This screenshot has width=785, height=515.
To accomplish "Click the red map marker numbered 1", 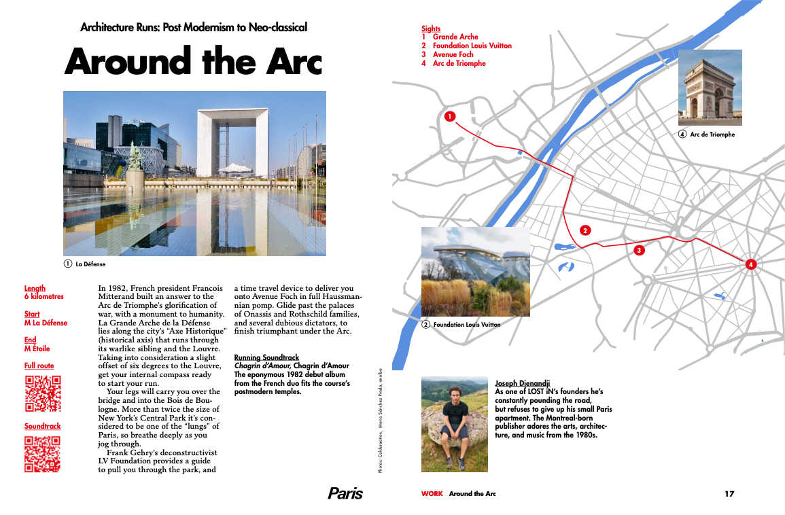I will pyautogui.click(x=449, y=116).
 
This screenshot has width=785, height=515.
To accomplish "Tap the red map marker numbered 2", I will pyautogui.click(x=585, y=230).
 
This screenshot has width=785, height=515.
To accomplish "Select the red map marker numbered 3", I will pyautogui.click(x=638, y=251).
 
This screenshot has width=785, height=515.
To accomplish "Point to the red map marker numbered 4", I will pyautogui.click(x=750, y=264).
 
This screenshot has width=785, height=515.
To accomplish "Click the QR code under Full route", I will pyautogui.click(x=43, y=393).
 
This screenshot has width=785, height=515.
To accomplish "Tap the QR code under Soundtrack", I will pyautogui.click(x=43, y=453).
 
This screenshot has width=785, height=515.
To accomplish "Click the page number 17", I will pyautogui.click(x=729, y=494).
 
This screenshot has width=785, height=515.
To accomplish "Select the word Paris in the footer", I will pyautogui.click(x=345, y=493).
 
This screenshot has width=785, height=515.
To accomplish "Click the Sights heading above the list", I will pyautogui.click(x=431, y=29).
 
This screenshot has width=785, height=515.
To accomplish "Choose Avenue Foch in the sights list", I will pyautogui.click(x=453, y=54).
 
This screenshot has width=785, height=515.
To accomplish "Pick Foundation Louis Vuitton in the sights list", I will pyautogui.click(x=472, y=46).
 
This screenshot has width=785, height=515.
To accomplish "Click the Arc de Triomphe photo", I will pyautogui.click(x=710, y=87).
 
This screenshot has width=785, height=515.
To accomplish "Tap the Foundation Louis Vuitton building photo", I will pyautogui.click(x=475, y=271).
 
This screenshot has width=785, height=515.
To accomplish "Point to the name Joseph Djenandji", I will pyautogui.click(x=522, y=383).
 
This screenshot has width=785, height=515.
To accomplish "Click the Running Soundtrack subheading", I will pyautogui.click(x=266, y=357).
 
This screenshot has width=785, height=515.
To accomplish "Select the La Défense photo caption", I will pyautogui.click(x=90, y=264).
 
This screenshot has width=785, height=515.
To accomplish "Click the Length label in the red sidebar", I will pyautogui.click(x=35, y=288).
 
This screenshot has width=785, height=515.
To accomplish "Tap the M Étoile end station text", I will pyautogui.click(x=37, y=349).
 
